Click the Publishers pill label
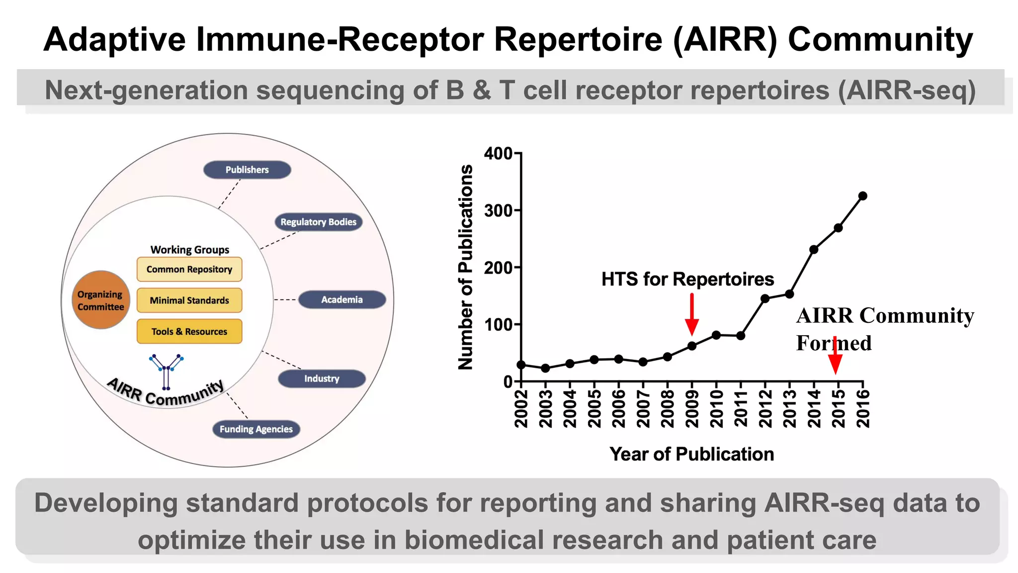247,170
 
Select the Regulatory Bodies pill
318,222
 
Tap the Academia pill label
342,299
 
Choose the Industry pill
322,379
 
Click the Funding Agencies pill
256,429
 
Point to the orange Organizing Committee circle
100,300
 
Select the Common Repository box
189,269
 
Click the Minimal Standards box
189,300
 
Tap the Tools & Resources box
189,331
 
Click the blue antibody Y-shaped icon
167,371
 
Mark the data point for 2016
863,196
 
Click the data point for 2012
765,298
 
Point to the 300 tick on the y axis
499,211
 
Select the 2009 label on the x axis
691,409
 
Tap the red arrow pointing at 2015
836,356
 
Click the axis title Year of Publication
691,454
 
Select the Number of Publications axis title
465,267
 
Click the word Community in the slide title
880,40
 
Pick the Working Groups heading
190,250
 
